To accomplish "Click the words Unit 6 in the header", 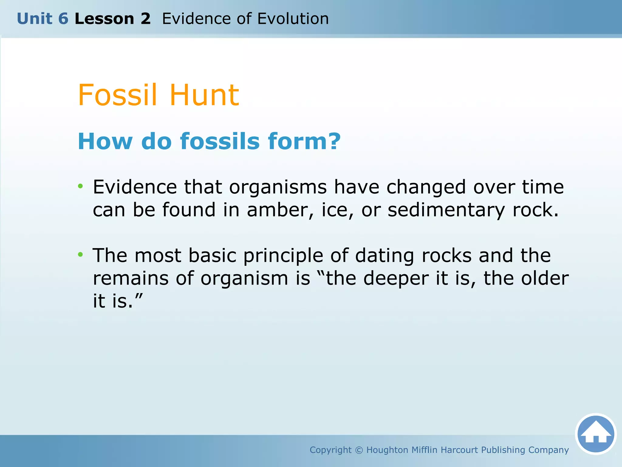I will click(x=43, y=19).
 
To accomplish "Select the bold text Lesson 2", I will click(x=112, y=19).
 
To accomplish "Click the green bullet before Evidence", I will click(x=80, y=186).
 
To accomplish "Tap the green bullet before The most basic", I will click(x=80, y=254).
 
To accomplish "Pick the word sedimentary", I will click(x=446, y=210).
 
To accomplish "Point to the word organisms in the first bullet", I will click(x=278, y=187).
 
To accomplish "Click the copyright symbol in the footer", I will click(x=359, y=450).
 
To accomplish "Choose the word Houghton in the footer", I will click(x=387, y=450).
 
